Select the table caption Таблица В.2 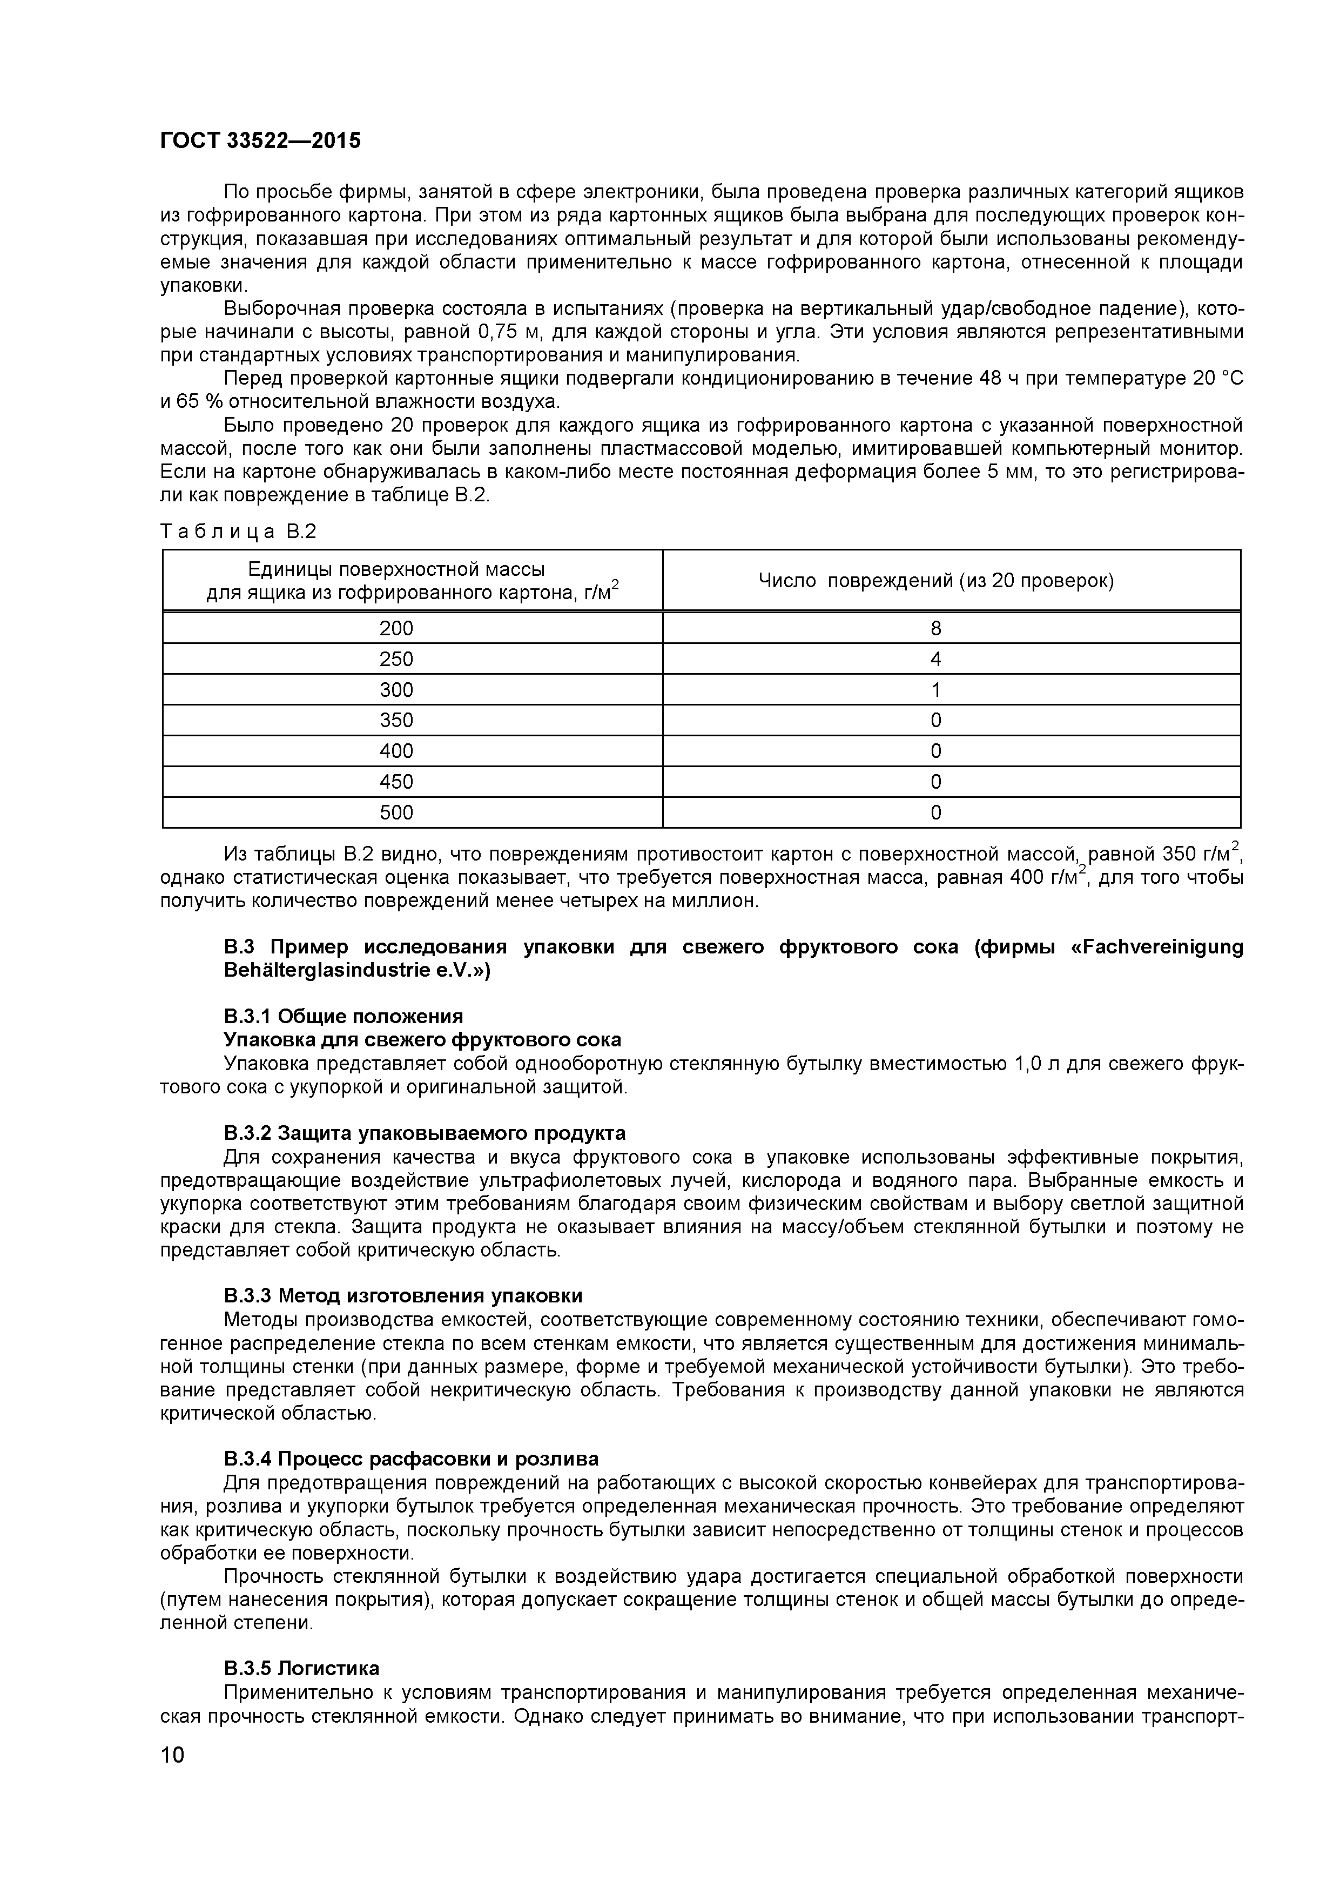[239, 532]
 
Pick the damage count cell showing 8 [935, 628]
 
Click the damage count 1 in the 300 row [935, 689]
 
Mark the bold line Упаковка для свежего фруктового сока [422, 1039]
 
